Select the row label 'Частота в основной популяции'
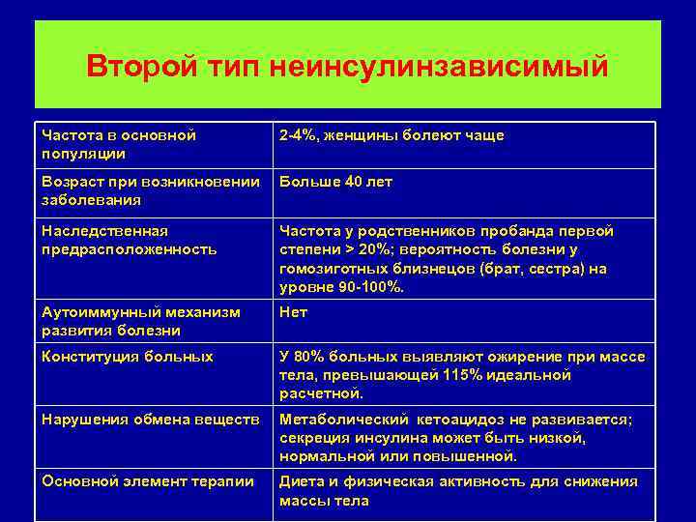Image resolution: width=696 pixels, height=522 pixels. coord(120,144)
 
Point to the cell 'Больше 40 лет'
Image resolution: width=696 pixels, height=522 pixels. coord(335,182)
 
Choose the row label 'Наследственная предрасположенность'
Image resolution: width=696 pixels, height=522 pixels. coord(130,240)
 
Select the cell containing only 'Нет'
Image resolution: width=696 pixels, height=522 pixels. coord(293,312)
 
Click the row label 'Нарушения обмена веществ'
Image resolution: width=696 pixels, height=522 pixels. coord(150,419)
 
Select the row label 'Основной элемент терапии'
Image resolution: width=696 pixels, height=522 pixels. coord(148,481)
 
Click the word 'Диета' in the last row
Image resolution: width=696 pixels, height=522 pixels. coord(302,481)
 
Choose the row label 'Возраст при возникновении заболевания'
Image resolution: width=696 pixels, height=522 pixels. coord(151,190)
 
